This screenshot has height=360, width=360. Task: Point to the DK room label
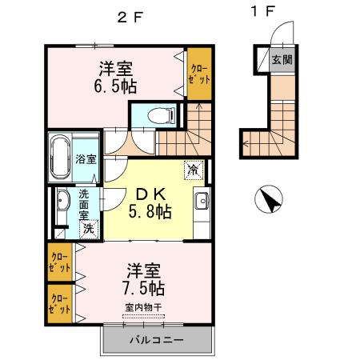tap(149, 194)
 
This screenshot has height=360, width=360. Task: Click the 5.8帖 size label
tap(150, 213)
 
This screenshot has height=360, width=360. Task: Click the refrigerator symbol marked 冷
tap(194, 169)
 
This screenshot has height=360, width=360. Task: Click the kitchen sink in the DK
tap(202, 200)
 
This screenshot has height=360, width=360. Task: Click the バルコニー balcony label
tap(158, 342)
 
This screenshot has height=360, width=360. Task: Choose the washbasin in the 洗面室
tap(62, 209)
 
